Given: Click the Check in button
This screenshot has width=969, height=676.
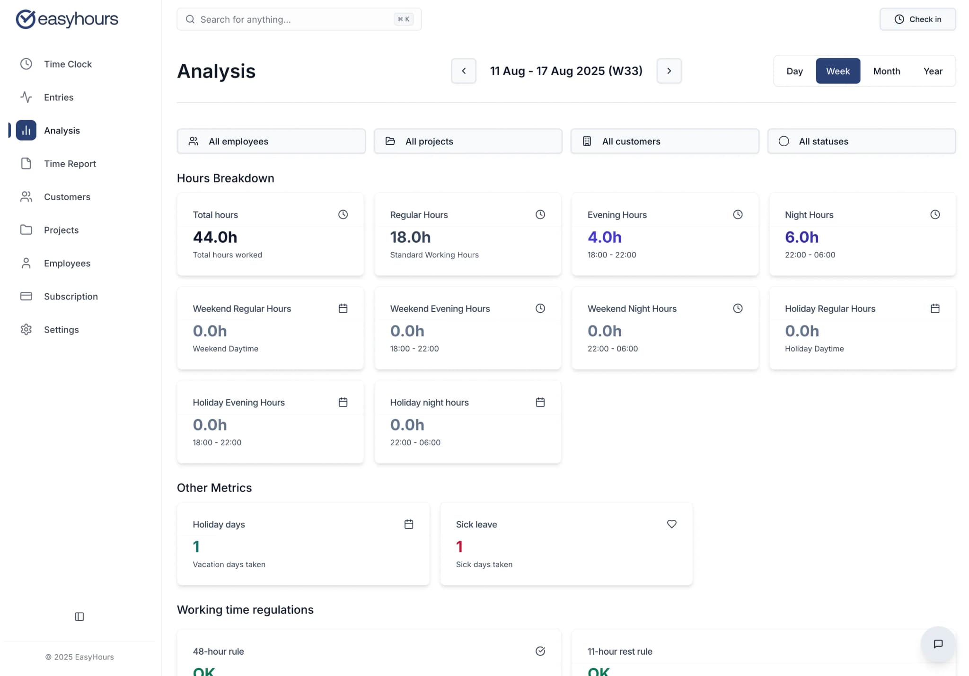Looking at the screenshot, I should pos(917,19).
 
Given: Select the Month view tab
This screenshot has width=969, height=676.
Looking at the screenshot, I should pos(886,71).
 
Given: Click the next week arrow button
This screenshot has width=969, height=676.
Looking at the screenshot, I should pos(669,71).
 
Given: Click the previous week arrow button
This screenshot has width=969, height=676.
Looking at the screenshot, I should pos(463,71).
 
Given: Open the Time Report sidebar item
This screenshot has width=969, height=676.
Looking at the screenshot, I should pos(70,164).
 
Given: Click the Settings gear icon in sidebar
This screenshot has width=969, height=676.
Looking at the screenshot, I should pos(26,329).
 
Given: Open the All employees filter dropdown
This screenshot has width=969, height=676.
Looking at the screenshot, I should pos(271,141).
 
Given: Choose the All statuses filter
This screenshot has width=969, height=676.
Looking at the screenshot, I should pos(861,141).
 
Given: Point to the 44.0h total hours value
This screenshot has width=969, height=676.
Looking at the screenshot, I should pos(215,237).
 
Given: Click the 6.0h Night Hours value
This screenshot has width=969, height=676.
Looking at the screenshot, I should pos(801,237).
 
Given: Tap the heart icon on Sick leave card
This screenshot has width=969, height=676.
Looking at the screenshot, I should pos(671,524).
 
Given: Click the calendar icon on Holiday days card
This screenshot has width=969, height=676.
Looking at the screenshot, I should pos(408,524).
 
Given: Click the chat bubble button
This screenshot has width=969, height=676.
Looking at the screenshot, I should pos(937,644).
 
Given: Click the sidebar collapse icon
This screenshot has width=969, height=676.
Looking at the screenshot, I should pos(79,616).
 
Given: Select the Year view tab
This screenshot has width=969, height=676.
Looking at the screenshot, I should pos(933,71).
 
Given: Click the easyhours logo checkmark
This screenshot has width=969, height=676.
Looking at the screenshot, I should pos(26,19).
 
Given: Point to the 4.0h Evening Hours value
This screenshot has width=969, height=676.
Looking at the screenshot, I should pos(604,237).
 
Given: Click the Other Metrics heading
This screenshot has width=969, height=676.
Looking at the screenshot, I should pos(214,488).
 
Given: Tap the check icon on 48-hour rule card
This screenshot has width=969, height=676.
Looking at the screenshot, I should pos(540,651).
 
